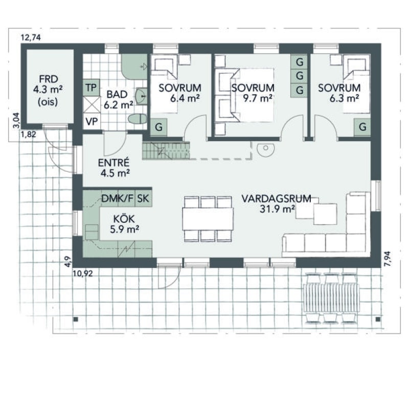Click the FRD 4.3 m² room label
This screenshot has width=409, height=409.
point(48,90)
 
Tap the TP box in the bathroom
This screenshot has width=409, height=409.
point(91,87)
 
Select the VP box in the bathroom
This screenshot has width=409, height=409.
point(92,121)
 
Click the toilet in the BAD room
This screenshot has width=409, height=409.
point(138,119)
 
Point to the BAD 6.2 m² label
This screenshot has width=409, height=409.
point(118,99)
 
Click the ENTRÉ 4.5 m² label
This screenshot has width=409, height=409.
point(114,168)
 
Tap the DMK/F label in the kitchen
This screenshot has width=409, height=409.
point(118,199)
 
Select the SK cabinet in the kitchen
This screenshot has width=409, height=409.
point(143,199)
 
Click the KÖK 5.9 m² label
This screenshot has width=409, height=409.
point(124,224)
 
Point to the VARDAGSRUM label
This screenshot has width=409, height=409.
point(277,199)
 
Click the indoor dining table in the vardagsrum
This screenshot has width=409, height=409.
point(208,219)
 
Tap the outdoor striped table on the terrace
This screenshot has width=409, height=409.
point(331,298)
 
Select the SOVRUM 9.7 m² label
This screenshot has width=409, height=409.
point(253,93)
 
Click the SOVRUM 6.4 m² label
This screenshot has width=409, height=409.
point(180,93)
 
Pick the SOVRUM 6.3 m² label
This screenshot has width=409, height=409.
point(339,93)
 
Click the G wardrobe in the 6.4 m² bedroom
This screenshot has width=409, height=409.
point(158,127)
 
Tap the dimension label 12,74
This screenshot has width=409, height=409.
point(31,37)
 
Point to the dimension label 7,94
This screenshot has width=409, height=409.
point(388,259)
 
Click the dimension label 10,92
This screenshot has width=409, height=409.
point(83,274)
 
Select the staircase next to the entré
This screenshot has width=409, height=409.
point(166,151)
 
